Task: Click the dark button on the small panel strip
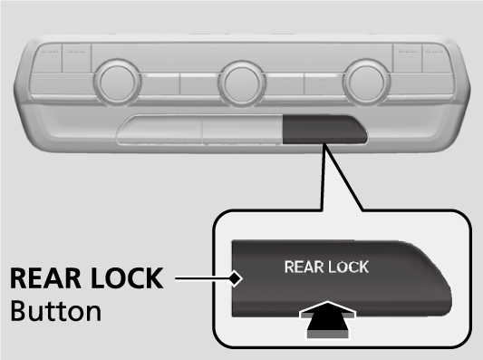[324, 130]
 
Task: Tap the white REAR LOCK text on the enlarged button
[326, 267]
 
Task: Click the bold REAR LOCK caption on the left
[87, 278]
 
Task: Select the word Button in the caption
[56, 311]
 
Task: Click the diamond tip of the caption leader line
[236, 278]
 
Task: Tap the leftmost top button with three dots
[47, 59]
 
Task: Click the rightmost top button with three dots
[436, 59]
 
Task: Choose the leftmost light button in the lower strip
[159, 130]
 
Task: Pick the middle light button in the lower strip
[242, 130]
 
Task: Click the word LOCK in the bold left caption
[127, 278]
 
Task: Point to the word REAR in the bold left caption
[46, 278]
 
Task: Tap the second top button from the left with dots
[76, 59]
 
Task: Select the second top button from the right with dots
[407, 59]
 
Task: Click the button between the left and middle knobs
[199, 83]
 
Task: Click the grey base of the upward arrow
[328, 335]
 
